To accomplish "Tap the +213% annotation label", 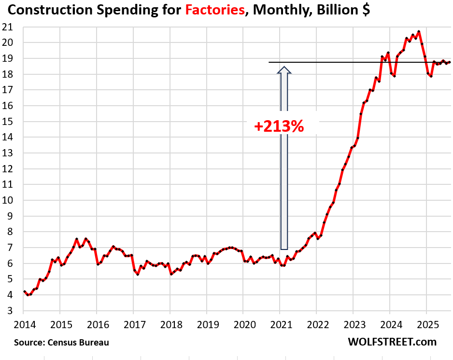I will [x=279, y=126].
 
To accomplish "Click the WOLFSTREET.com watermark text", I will [x=392, y=342].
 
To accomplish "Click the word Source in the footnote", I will [x=29, y=343].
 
